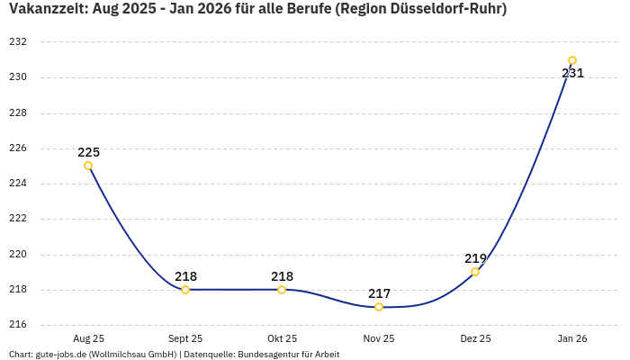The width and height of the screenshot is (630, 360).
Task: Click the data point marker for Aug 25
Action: [88, 166]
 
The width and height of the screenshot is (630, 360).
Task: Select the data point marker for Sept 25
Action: [185, 290]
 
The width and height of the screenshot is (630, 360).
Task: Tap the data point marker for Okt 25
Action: [282, 290]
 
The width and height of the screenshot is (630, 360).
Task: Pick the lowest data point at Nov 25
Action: [379, 307]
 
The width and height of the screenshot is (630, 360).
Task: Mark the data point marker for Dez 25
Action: [475, 272]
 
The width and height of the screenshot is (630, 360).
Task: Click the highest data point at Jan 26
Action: [572, 60]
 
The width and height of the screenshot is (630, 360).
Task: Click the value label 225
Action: [88, 152]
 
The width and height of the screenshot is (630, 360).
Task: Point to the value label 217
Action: [379, 293]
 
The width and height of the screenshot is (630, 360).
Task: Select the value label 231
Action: [572, 73]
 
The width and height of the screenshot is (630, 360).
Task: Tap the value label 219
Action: [475, 258]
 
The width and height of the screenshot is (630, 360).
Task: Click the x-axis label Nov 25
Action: [379, 338]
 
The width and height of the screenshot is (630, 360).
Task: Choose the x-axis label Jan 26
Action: [572, 338]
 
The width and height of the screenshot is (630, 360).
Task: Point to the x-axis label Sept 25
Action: [185, 338]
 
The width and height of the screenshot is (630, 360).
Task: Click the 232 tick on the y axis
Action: [18, 42]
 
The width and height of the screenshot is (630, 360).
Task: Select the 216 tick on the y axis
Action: [18, 325]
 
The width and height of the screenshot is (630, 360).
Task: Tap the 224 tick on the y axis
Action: [18, 184]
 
